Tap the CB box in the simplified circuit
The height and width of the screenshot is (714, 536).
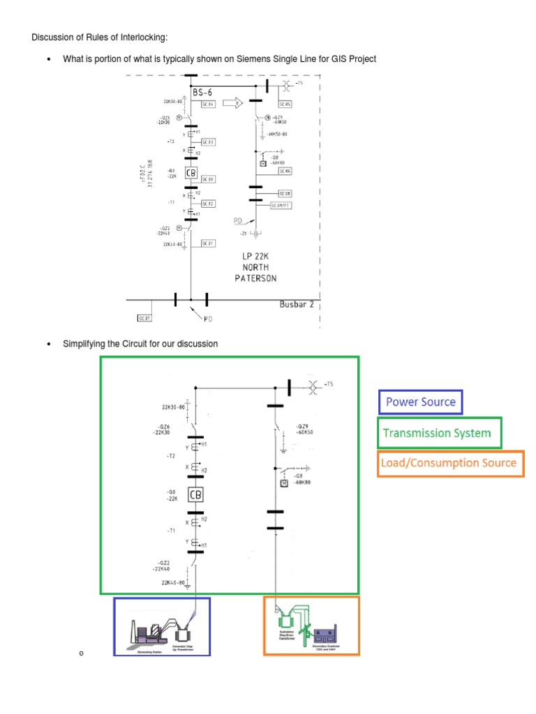(195, 495)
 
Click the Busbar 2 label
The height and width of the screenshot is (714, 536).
(296, 305)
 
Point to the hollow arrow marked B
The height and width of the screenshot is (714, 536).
(232, 103)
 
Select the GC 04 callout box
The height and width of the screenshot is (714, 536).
(208, 105)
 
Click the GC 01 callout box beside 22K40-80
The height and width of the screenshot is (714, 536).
(208, 243)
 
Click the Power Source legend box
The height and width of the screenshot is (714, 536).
(420, 402)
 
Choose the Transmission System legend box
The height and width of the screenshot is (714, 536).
(439, 433)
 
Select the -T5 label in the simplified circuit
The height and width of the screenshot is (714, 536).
(331, 383)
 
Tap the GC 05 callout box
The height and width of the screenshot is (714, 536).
(286, 105)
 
